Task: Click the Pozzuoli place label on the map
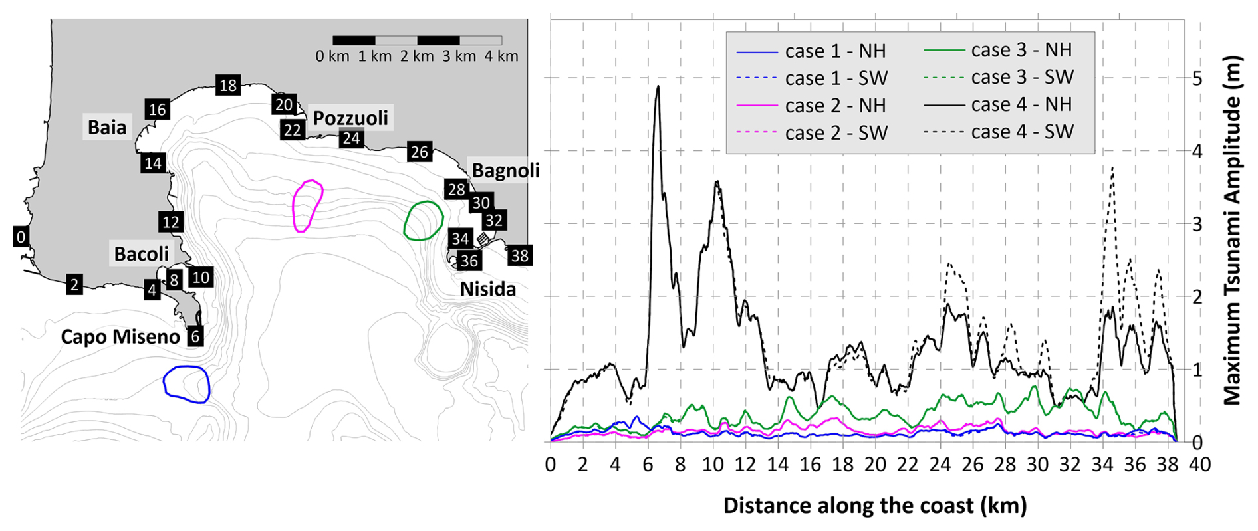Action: pyautogui.click(x=350, y=118)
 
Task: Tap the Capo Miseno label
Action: pyautogui.click(x=120, y=336)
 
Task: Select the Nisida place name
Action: pyautogui.click(x=488, y=289)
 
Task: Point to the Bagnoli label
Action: pyautogui.click(x=505, y=171)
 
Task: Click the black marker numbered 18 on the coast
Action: pyautogui.click(x=228, y=85)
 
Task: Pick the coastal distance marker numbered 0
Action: pyautogui.click(x=21, y=237)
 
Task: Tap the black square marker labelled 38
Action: pyautogui.click(x=519, y=255)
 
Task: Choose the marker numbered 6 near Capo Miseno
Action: pyautogui.click(x=195, y=336)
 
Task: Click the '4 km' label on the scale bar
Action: pyautogui.click(x=501, y=56)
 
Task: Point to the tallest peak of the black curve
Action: pyautogui.click(x=658, y=86)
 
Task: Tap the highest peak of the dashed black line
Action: pyautogui.click(x=1112, y=168)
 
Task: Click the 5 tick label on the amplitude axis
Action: pyautogui.click(x=1197, y=78)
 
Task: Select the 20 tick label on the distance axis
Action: pyautogui.click(x=875, y=465)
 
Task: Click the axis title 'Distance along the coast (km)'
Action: pyautogui.click(x=875, y=506)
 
